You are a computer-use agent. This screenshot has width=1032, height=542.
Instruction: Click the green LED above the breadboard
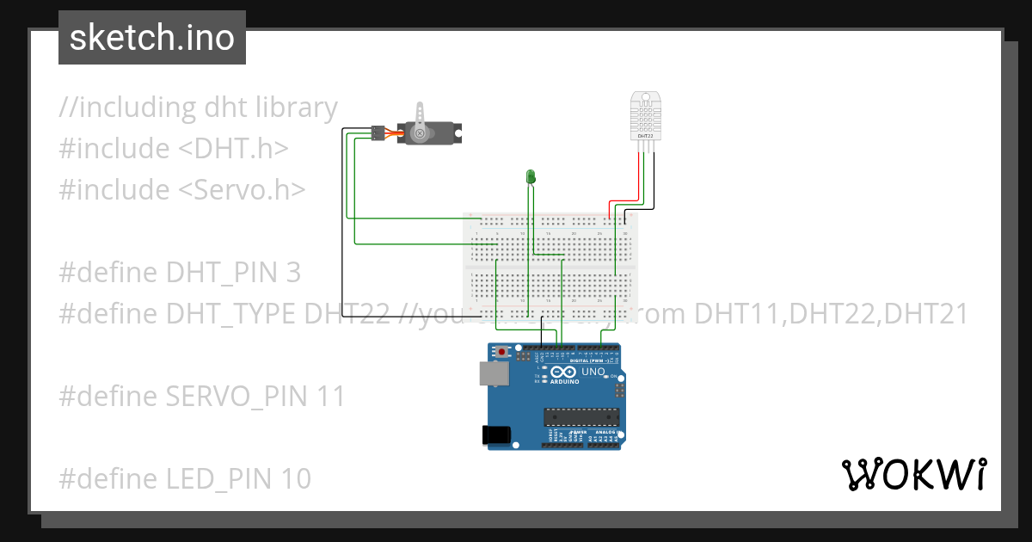coord(531,177)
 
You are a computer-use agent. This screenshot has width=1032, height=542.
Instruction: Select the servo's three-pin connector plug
coord(378,133)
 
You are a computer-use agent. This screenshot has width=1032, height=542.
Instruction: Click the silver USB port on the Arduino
coord(493,373)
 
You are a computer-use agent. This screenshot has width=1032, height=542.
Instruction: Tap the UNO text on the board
coord(593,372)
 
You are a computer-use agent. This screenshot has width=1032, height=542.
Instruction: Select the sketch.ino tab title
coord(152,38)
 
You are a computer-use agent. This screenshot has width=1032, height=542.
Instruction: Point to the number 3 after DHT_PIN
coord(293,273)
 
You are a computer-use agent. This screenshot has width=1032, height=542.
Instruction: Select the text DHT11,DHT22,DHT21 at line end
coord(831,314)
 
